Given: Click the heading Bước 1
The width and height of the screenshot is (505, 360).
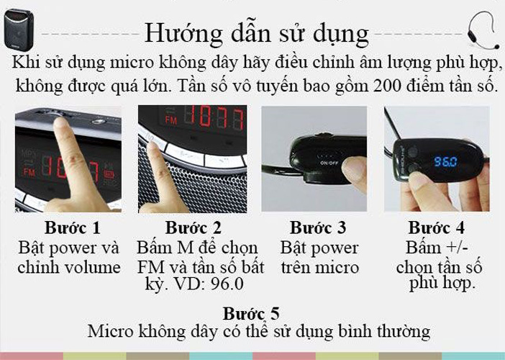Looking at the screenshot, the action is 73,228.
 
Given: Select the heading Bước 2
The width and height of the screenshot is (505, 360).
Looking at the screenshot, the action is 194,228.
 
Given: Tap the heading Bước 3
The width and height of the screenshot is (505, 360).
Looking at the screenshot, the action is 318,228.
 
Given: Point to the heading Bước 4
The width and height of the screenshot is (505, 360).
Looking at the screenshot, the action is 437,228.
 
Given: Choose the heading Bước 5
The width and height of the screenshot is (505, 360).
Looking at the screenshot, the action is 251,313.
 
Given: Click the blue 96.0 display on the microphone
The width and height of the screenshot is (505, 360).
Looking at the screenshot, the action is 446,161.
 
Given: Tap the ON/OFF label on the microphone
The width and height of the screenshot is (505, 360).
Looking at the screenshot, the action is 329,163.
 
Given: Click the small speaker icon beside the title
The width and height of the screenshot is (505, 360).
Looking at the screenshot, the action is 19,30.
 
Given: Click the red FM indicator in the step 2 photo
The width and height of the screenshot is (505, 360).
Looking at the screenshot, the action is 171,120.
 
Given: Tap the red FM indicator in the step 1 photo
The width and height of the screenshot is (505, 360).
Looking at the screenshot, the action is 29,172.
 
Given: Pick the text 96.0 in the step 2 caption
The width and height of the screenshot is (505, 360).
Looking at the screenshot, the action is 227,284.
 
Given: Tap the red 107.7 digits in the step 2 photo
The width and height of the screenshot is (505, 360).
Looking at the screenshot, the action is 219,117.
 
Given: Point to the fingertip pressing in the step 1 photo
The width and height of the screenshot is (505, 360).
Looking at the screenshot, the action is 60,123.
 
